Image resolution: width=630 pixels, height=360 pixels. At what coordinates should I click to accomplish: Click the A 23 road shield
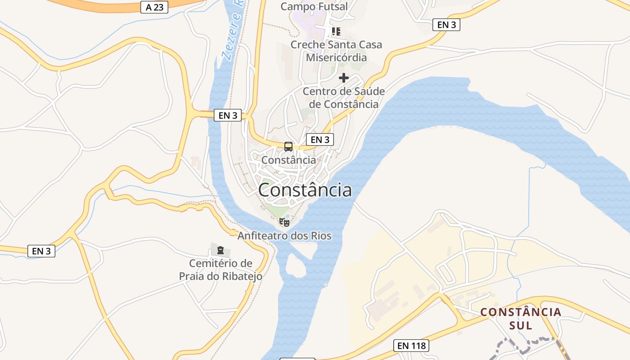click(x=154, y=7)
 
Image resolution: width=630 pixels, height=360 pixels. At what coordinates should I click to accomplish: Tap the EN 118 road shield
click(x=411, y=346)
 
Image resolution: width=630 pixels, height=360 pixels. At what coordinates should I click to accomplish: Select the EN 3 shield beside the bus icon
click(x=320, y=139)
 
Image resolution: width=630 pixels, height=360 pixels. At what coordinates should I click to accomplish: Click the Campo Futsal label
click(x=314, y=7)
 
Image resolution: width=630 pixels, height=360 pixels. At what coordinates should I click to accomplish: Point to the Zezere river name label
click(x=232, y=31)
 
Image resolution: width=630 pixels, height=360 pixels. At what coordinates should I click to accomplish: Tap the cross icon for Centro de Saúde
click(x=344, y=78)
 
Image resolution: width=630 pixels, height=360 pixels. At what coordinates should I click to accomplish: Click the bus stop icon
click(x=288, y=147)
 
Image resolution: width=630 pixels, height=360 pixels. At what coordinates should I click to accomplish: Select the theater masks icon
click(x=284, y=222)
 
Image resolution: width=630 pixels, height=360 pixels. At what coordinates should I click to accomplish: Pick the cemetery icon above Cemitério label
click(x=220, y=250)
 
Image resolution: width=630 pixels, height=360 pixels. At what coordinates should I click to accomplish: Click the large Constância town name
click(x=305, y=190)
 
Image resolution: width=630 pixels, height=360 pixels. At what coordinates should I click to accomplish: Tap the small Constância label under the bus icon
click(x=288, y=160)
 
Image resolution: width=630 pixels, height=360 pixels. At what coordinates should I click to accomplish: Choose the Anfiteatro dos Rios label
click(x=284, y=236)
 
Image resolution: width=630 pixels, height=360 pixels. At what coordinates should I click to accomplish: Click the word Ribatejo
click(x=242, y=276)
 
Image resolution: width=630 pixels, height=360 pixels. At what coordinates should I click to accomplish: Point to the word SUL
click(x=521, y=325)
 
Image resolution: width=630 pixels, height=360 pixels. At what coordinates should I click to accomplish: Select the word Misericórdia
click(x=336, y=58)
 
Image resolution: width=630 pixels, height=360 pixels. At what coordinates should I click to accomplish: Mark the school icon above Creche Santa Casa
click(x=336, y=31)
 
